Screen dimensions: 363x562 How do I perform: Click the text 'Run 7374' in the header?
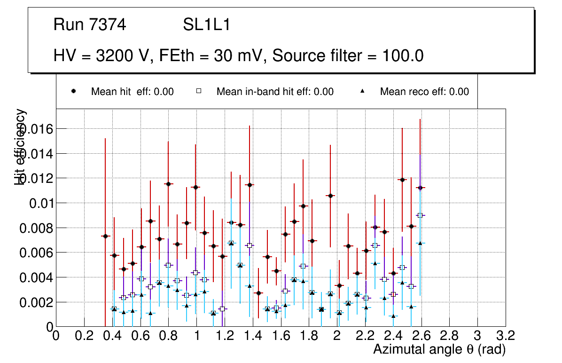tap(90, 25)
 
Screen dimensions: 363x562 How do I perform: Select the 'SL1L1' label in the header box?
tap(206, 25)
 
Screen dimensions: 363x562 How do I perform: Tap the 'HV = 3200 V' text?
tap(102, 56)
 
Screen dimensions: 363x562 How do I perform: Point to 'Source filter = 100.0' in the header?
tap(348, 56)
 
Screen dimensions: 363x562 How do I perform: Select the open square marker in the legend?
tap(199, 92)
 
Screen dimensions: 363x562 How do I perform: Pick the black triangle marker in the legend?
tap(363, 92)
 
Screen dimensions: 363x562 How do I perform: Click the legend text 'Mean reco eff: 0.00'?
tap(424, 92)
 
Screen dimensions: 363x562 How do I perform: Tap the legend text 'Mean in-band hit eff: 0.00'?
tap(275, 92)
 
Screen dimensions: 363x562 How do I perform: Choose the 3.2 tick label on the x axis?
tap(506, 336)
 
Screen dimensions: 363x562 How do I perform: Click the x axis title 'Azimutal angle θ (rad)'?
tap(439, 349)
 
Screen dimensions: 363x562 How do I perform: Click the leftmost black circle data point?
tap(105, 236)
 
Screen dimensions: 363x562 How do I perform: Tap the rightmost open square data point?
tap(420, 215)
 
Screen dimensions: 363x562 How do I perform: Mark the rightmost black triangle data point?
tap(420, 243)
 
